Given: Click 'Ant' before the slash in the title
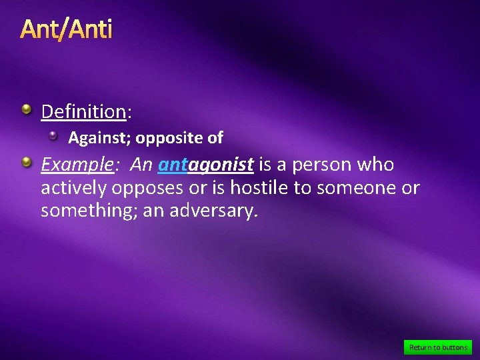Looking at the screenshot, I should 39,29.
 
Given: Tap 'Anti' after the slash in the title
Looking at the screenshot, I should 89,29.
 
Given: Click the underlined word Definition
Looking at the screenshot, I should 83,111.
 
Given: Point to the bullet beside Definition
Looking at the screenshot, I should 26,109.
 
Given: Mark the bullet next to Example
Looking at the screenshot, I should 26,162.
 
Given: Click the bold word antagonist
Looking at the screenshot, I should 206,164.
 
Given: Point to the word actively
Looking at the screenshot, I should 74,189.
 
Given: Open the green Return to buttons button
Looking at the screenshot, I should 438,347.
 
